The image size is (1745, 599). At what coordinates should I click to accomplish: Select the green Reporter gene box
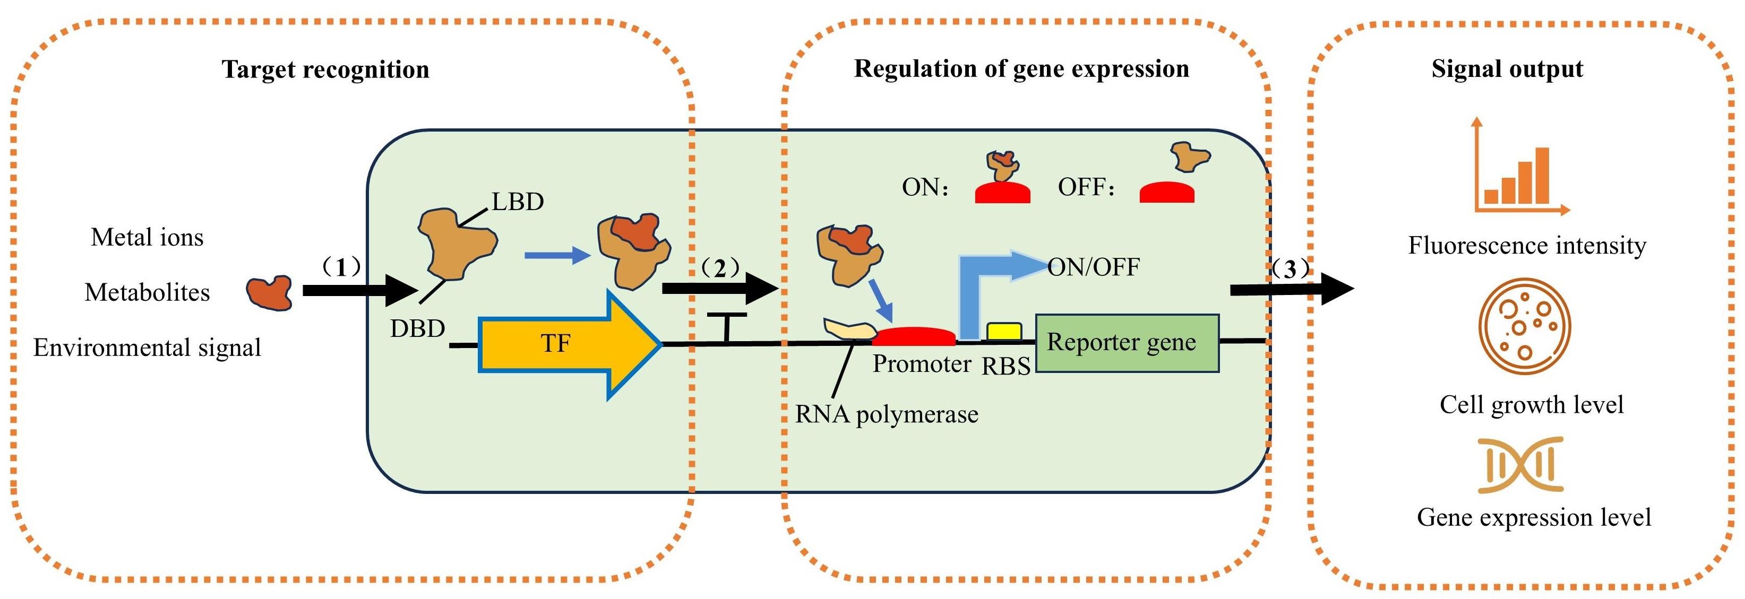1127,343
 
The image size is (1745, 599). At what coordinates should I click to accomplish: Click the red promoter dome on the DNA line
914,336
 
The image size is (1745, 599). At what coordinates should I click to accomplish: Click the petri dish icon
1524,327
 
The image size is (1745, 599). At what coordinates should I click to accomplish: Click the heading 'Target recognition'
325,70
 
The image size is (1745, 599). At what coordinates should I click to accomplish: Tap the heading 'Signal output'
1507,69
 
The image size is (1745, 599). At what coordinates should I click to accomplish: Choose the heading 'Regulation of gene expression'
1021,69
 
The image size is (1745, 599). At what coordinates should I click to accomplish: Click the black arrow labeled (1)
359,290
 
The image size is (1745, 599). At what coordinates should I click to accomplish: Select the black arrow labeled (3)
1291,289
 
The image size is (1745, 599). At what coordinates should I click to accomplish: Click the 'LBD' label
518,202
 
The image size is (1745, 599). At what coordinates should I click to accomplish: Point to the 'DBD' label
417,329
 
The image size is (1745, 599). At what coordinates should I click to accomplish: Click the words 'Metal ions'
147,238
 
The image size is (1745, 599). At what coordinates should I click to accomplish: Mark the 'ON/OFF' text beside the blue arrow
1093,267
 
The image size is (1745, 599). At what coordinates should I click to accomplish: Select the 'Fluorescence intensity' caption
1527,245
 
